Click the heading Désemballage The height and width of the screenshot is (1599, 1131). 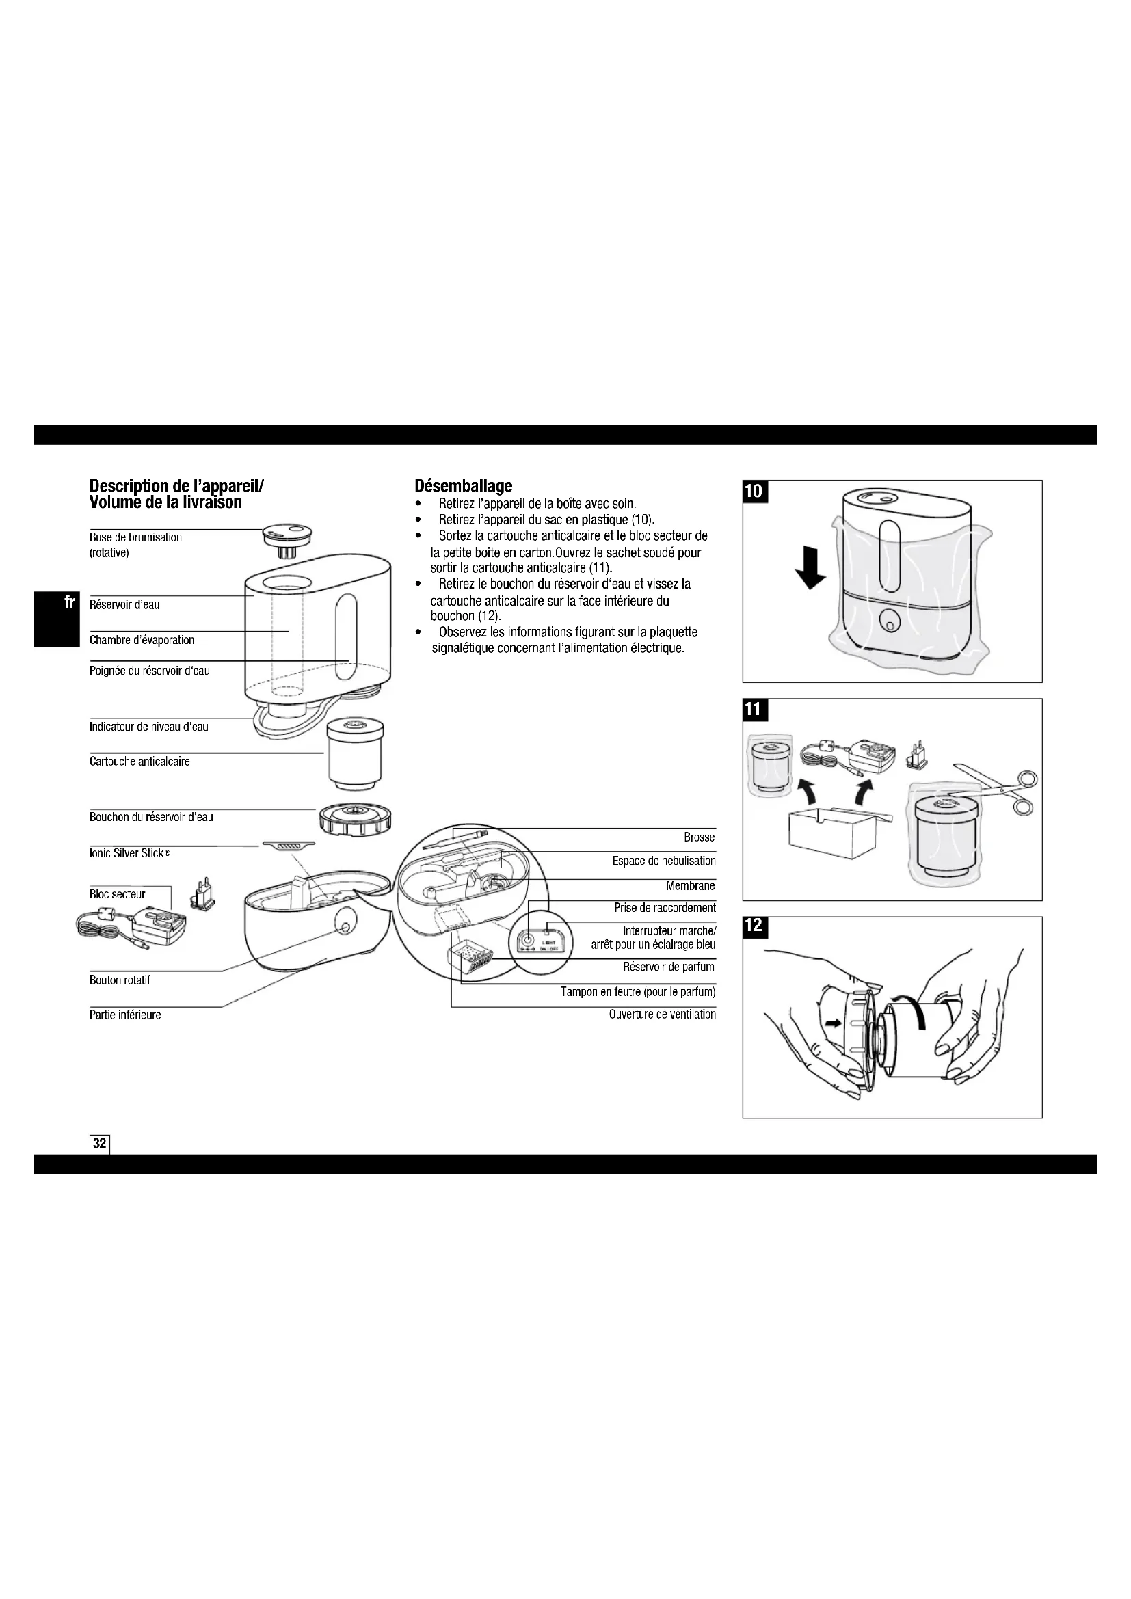click(x=463, y=485)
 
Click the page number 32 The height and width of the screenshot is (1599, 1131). click(x=100, y=1143)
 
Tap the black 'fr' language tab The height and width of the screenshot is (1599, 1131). click(x=69, y=602)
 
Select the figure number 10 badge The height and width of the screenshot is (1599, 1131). click(x=754, y=491)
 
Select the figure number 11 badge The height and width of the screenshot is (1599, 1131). click(x=754, y=710)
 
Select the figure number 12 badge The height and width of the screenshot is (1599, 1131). click(x=754, y=926)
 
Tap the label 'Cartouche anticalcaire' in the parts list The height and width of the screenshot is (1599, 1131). click(x=139, y=761)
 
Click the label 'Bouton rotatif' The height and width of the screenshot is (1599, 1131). click(x=120, y=980)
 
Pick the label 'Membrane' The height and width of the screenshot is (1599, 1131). click(x=690, y=886)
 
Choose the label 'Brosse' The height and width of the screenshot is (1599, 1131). click(x=700, y=837)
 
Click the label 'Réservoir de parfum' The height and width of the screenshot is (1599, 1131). click(x=669, y=967)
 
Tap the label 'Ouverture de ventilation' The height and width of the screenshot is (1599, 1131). click(x=662, y=1014)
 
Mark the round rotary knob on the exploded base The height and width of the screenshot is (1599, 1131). click(x=345, y=922)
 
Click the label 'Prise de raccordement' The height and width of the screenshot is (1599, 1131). click(x=665, y=907)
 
